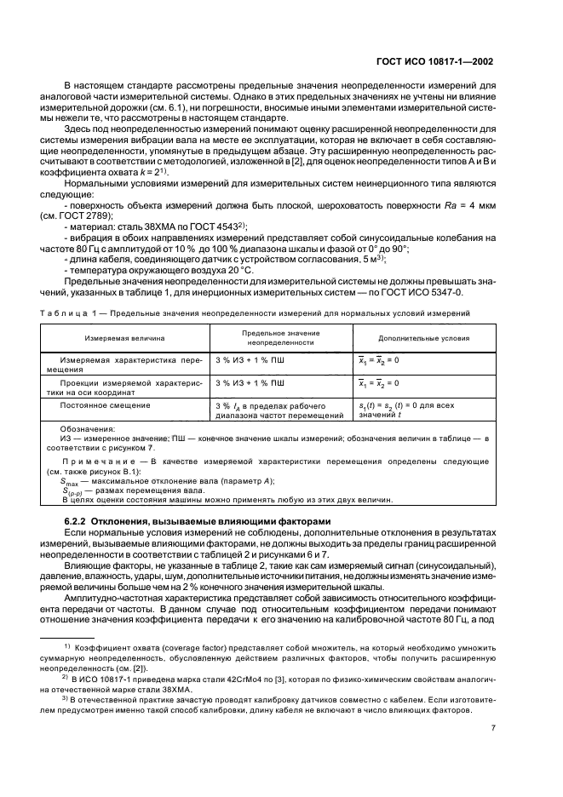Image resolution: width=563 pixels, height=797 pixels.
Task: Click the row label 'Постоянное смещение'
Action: point(102,405)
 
